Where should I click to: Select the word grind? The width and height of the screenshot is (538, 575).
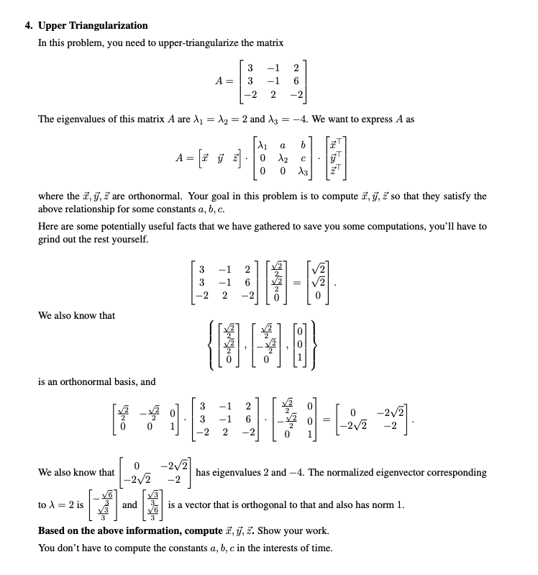tap(50, 240)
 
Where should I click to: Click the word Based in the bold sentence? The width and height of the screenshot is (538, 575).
tap(51, 531)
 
